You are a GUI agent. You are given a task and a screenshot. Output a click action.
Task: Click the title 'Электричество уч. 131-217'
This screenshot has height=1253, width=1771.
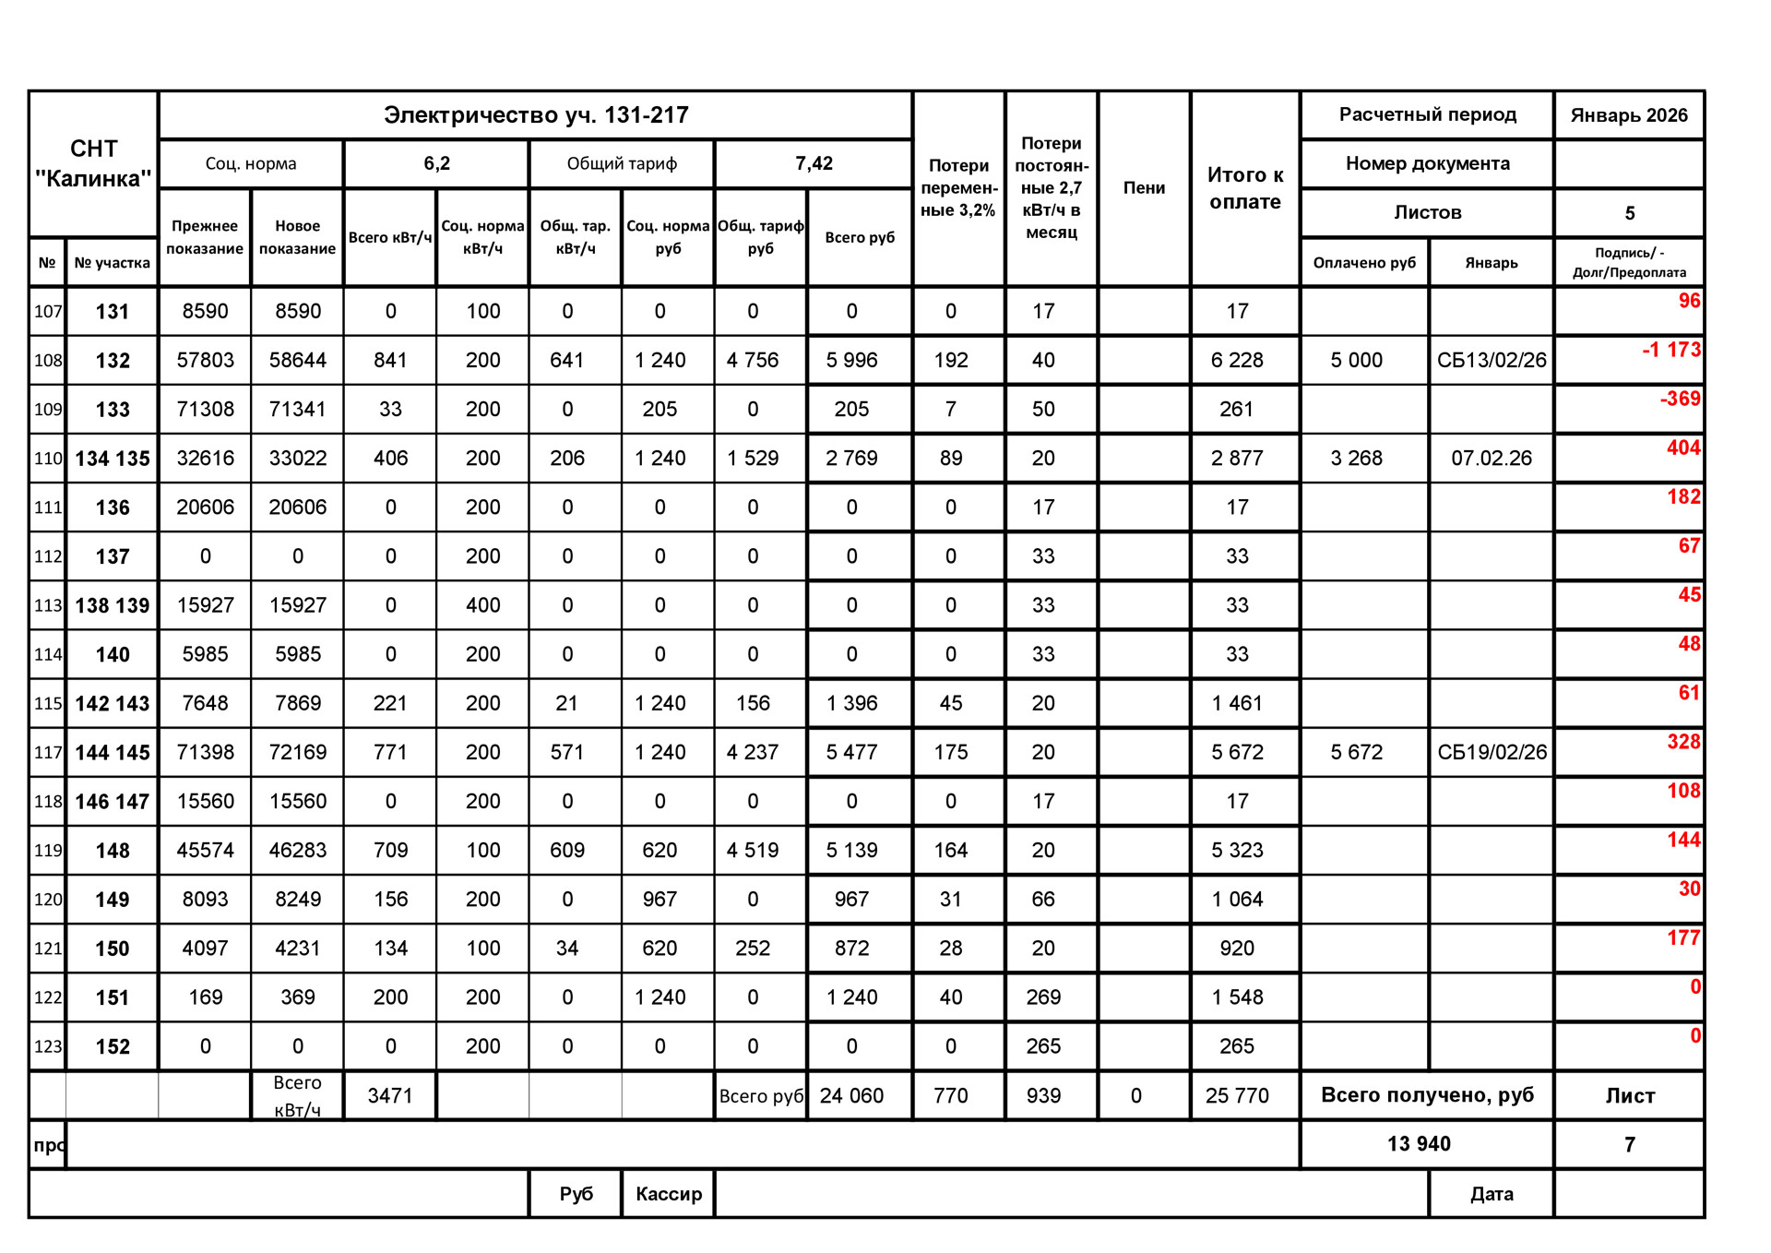pyautogui.click(x=536, y=115)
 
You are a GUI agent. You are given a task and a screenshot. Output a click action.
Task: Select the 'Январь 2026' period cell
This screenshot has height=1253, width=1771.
pyautogui.click(x=1629, y=115)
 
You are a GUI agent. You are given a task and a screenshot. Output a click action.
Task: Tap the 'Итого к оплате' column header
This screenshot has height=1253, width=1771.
pyautogui.click(x=1245, y=188)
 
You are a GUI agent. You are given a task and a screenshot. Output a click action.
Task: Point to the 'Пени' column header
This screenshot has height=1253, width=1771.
pyautogui.click(x=1144, y=188)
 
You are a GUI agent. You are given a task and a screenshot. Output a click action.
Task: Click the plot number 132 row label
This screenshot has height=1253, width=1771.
pyautogui.click(x=113, y=361)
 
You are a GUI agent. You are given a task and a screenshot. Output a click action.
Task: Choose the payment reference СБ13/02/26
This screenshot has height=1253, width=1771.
pyautogui.click(x=1492, y=361)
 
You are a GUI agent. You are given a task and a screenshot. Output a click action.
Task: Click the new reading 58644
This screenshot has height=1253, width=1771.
pyautogui.click(x=297, y=361)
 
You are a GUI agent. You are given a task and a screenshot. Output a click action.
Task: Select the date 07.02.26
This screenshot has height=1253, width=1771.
pyautogui.click(x=1492, y=459)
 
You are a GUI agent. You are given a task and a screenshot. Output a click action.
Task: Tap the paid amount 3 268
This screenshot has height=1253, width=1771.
pyautogui.click(x=1356, y=459)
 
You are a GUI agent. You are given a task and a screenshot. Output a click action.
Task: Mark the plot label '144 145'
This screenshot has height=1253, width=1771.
pyautogui.click(x=113, y=753)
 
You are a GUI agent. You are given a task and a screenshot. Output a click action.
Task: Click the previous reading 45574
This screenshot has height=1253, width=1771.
pyautogui.click(x=205, y=851)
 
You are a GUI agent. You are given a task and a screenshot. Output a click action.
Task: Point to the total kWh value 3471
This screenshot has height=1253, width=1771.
pyautogui.click(x=390, y=1096)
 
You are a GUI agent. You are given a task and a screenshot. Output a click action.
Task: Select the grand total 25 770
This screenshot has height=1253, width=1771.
pyautogui.click(x=1237, y=1096)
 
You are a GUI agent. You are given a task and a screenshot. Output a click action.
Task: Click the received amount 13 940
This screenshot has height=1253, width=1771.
pyautogui.click(x=1419, y=1144)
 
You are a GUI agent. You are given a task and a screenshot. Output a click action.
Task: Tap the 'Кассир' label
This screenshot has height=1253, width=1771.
pyautogui.click(x=669, y=1194)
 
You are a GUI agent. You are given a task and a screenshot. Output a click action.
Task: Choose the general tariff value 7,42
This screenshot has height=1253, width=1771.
pyautogui.click(x=814, y=164)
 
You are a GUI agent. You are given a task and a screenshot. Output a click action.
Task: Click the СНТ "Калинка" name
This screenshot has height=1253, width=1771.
pyautogui.click(x=93, y=163)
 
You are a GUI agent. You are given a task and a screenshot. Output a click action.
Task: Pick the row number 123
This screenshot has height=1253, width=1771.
pyautogui.click(x=48, y=1047)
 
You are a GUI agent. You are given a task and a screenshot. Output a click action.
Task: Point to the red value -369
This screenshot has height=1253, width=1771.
pyautogui.click(x=1680, y=399)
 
